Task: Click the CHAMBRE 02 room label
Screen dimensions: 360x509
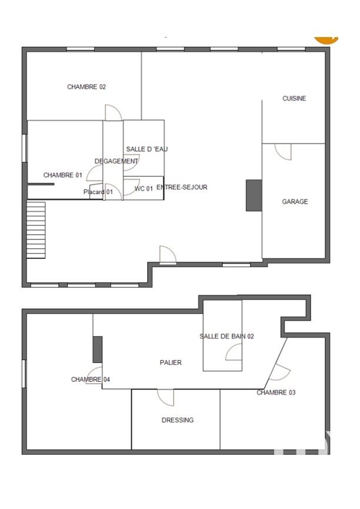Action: click(x=86, y=87)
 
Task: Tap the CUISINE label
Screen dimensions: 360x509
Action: click(x=294, y=98)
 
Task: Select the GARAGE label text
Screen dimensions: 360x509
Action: click(x=295, y=202)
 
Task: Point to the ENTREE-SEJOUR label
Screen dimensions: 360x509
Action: click(x=182, y=187)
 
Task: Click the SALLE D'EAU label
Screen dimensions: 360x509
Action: click(x=146, y=149)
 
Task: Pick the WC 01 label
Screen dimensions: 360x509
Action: click(x=144, y=189)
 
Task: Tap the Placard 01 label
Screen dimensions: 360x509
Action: click(x=98, y=192)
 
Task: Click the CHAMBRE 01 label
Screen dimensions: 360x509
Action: click(x=63, y=175)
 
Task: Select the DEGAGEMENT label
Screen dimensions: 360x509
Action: click(x=116, y=161)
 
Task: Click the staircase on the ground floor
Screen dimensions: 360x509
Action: click(x=36, y=230)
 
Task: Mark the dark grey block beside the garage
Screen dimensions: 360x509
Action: click(x=254, y=195)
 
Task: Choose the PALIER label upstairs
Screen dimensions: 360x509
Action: click(x=171, y=362)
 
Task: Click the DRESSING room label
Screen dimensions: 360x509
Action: click(x=178, y=420)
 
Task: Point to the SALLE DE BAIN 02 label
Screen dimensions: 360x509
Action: click(x=226, y=337)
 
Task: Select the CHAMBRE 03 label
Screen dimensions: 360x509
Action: click(x=276, y=392)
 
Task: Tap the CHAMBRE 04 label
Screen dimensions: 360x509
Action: click(x=91, y=379)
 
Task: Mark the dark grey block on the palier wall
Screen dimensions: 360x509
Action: click(x=98, y=350)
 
